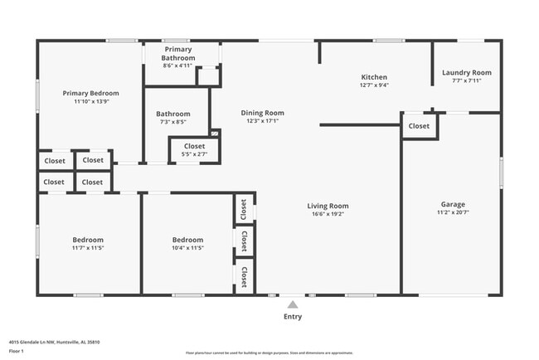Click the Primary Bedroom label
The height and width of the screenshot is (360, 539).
pyautogui.click(x=90, y=93)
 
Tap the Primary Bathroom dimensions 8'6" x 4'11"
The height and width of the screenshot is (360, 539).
pyautogui.click(x=177, y=66)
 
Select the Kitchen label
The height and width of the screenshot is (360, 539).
pyautogui.click(x=374, y=76)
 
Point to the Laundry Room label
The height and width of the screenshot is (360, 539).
pyautogui.click(x=466, y=73)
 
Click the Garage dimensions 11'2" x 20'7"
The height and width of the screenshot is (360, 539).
pyautogui.click(x=453, y=213)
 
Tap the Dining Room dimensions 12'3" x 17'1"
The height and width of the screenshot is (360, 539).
pyautogui.click(x=262, y=121)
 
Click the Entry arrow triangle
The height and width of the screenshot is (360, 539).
pyautogui.click(x=292, y=304)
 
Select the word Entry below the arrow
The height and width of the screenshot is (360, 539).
pyautogui.click(x=293, y=316)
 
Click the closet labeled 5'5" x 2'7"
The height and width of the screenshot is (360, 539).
pyautogui.click(x=188, y=150)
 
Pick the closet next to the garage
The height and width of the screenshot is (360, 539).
pyautogui.click(x=419, y=126)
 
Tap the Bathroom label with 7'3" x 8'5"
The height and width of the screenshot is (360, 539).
pyautogui.click(x=173, y=114)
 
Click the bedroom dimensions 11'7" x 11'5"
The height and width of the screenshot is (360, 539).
pyautogui.click(x=87, y=247)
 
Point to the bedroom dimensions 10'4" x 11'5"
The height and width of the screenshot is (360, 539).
pyautogui.click(x=187, y=247)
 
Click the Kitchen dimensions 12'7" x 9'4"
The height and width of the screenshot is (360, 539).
pyautogui.click(x=374, y=85)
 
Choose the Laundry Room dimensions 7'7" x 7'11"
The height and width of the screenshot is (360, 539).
pyautogui.click(x=466, y=81)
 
